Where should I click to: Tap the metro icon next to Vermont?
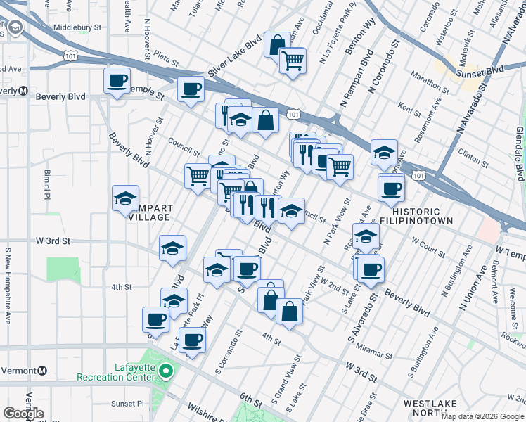click(x=42, y=371)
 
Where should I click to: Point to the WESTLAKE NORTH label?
click(x=430, y=409)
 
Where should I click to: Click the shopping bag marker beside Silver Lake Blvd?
click(x=277, y=44)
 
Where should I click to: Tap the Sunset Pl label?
click(x=127, y=404)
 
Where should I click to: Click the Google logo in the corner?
click(x=23, y=414)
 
